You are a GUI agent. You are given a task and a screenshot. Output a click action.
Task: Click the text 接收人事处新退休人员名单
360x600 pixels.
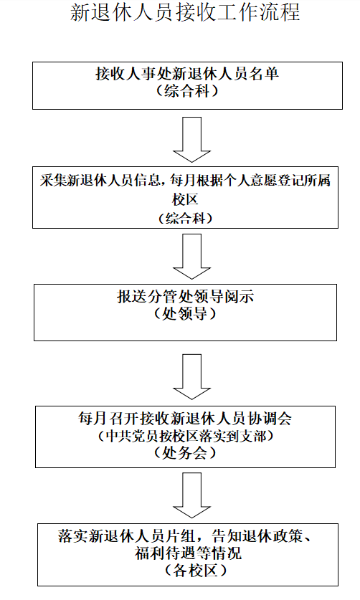pyautogui.click(x=186, y=75)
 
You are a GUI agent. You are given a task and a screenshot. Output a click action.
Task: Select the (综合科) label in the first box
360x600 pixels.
pyautogui.click(x=186, y=91)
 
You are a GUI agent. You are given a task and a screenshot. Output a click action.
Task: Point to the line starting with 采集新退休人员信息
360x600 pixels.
pyautogui.click(x=185, y=180)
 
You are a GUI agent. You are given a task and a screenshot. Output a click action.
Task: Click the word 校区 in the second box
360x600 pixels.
pyautogui.click(x=186, y=199)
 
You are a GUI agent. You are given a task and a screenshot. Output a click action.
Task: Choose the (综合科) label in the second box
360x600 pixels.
pyautogui.click(x=186, y=217)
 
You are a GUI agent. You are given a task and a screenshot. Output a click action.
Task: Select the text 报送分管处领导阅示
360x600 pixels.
pyautogui.click(x=186, y=295)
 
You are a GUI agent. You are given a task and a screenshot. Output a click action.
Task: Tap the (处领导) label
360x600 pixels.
pyautogui.click(x=186, y=313)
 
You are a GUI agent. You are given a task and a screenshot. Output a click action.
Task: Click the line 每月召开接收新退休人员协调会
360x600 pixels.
pyautogui.click(x=185, y=418)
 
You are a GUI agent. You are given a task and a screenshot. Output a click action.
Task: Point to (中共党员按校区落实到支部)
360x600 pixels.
pyautogui.click(x=185, y=435)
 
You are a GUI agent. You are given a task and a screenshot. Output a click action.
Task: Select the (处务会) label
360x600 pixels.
pyautogui.click(x=185, y=453)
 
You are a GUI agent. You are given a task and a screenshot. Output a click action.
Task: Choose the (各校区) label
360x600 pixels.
pyautogui.click(x=186, y=571)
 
